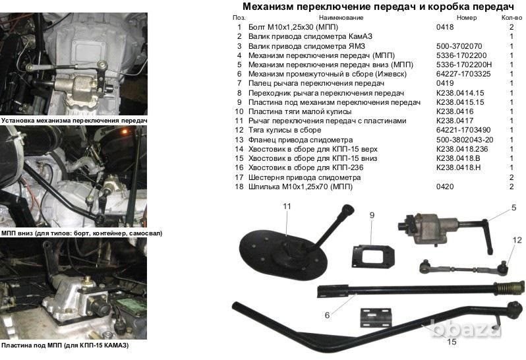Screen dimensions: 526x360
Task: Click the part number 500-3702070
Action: (x=459, y=46)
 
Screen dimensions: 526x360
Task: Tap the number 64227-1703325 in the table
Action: (x=463, y=74)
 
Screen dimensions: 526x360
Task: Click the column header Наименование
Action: (x=341, y=18)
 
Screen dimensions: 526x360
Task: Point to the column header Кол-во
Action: (x=511, y=18)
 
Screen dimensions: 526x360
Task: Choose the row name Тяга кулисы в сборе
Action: (x=285, y=130)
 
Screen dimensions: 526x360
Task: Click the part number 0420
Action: (x=445, y=187)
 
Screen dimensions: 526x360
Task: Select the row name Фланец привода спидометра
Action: (x=300, y=140)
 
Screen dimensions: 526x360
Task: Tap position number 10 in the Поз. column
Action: (x=239, y=111)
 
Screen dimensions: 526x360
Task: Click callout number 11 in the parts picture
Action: (x=287, y=206)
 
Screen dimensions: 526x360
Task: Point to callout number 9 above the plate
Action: (x=372, y=215)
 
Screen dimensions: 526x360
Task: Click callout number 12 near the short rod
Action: (x=517, y=240)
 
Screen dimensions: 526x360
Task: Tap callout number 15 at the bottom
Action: (x=452, y=342)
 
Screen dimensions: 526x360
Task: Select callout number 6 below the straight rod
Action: (x=327, y=315)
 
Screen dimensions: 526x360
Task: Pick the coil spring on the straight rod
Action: (x=508, y=287)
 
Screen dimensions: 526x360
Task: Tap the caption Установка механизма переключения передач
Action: (x=74, y=121)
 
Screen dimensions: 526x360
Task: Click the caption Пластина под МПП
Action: (x=32, y=345)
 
